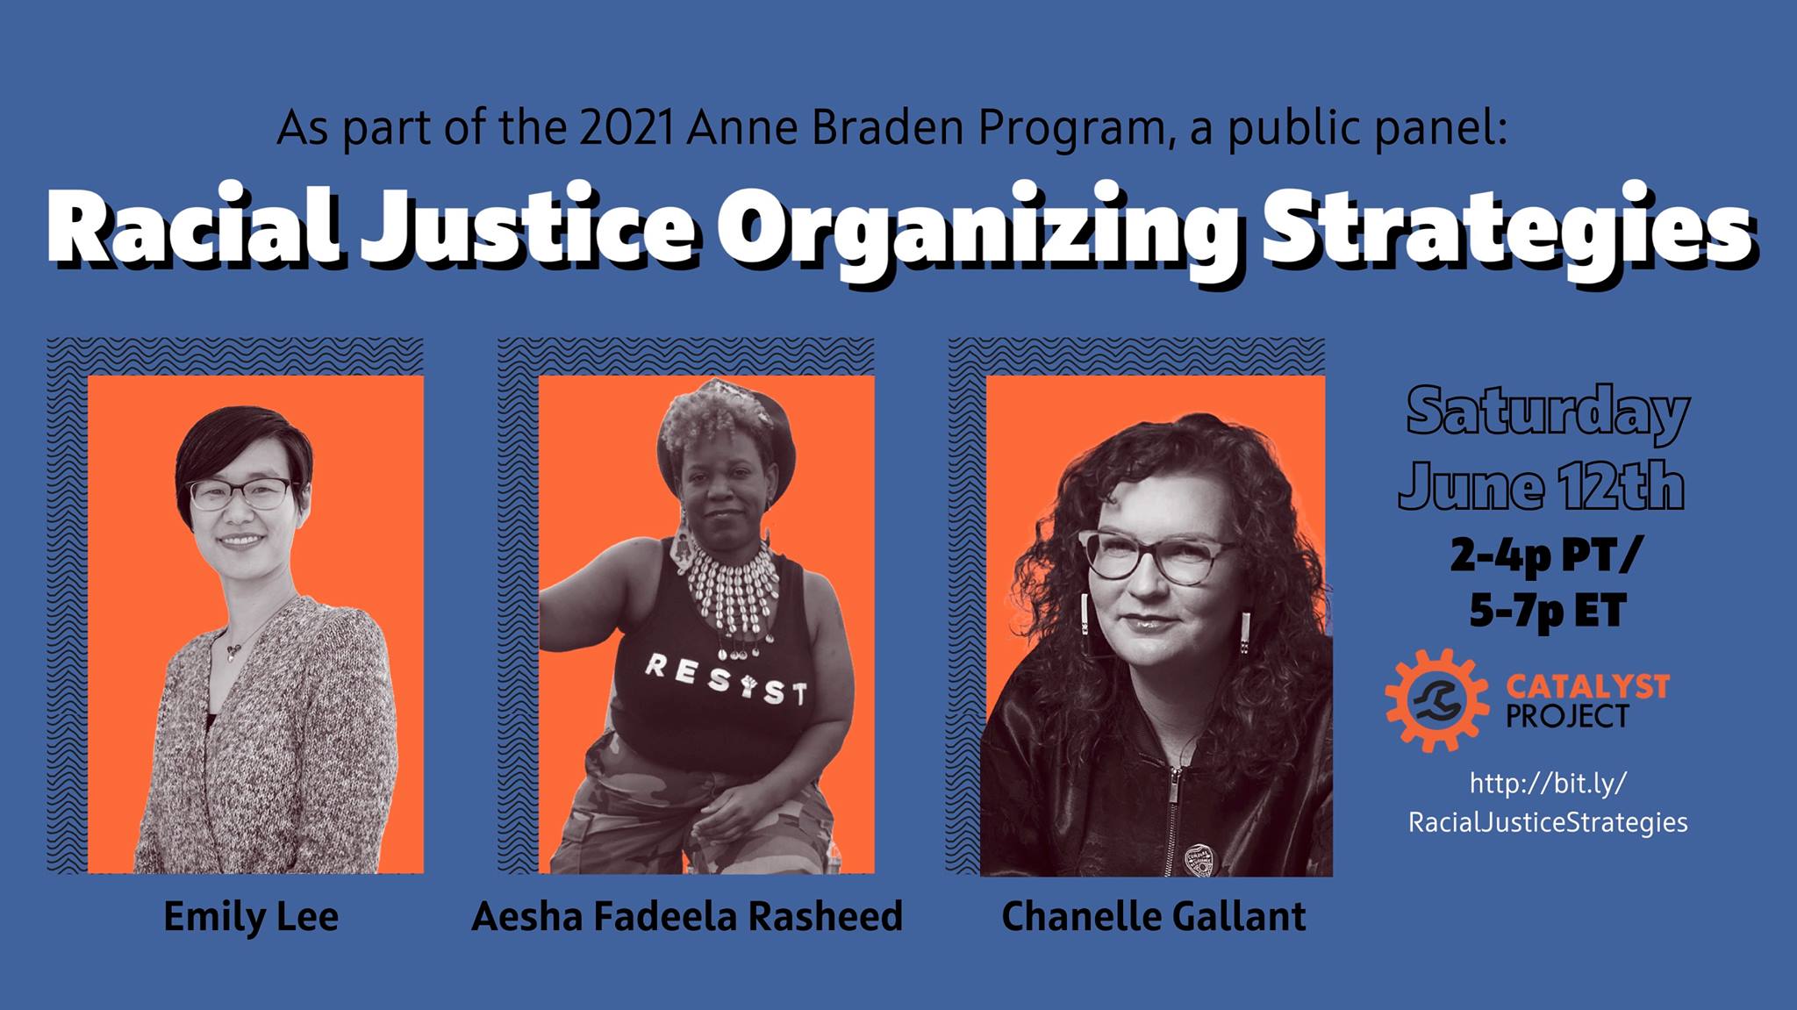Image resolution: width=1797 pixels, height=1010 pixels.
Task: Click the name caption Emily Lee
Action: coord(251,917)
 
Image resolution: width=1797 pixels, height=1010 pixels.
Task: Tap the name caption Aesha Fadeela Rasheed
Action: coord(687,917)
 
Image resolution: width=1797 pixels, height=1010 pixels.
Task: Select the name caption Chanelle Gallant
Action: coord(1153,917)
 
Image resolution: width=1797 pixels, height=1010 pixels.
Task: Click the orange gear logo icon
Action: coord(1436,699)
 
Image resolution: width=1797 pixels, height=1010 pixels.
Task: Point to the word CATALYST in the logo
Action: coord(1587,686)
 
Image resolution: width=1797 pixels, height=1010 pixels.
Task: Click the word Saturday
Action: coord(1548,412)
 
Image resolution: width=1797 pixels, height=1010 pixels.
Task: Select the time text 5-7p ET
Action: coord(1548,611)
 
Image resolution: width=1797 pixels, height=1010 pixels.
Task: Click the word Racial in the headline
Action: coord(193,230)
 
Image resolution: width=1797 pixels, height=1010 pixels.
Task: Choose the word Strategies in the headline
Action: coord(1507,230)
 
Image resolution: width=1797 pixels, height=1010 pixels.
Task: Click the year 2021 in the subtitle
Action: coord(626,128)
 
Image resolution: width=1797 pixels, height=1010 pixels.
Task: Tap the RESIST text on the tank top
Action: coord(725,680)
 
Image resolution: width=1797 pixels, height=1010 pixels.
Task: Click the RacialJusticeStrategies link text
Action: coord(1548,822)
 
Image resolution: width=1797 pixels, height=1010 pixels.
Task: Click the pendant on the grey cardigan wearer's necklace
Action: coord(233,650)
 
